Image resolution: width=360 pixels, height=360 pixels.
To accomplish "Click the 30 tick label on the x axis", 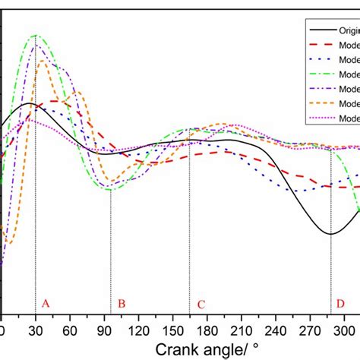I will click(x=35, y=331).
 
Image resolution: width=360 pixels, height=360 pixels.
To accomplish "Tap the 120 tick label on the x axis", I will click(x=137, y=331).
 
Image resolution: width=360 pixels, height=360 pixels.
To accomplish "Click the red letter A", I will click(x=46, y=304).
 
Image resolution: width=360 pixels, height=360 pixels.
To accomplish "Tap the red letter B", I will click(x=121, y=305).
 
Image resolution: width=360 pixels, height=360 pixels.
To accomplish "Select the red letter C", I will click(x=201, y=305).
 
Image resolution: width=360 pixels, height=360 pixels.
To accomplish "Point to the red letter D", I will click(x=340, y=304).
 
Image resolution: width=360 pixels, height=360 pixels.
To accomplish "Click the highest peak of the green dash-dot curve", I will click(x=35, y=35).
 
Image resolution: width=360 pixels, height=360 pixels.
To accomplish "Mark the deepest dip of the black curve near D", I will click(x=330, y=233).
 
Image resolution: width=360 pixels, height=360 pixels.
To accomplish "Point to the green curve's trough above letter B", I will click(x=111, y=188).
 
